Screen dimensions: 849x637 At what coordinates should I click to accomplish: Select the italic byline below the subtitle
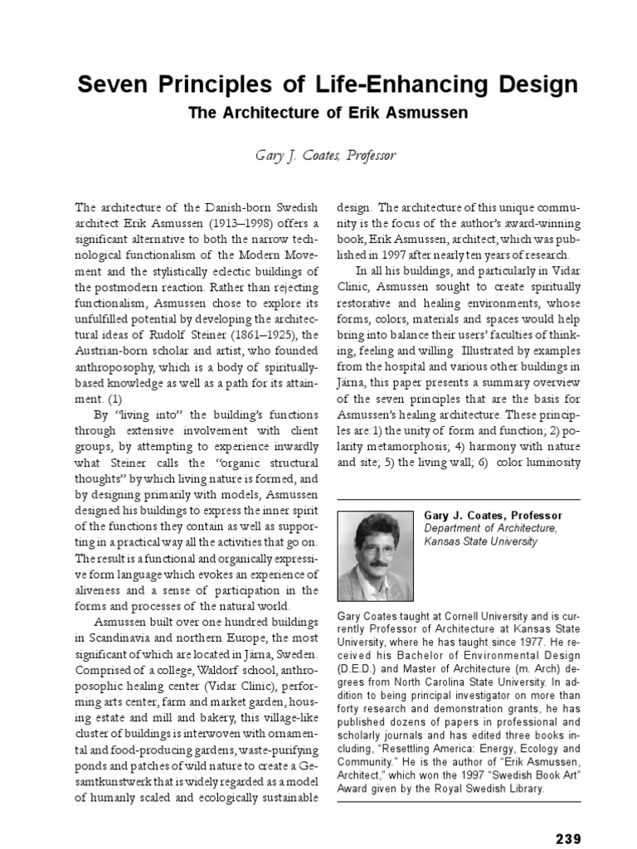(x=318, y=155)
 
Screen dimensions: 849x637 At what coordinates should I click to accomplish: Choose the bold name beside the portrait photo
(x=493, y=515)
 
